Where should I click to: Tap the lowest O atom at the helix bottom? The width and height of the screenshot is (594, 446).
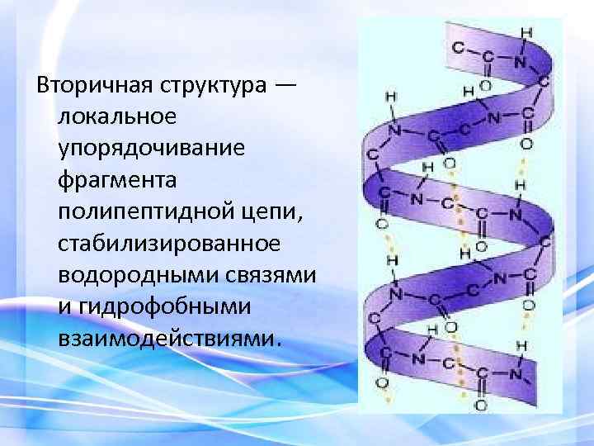pyautogui.click(x=480, y=405)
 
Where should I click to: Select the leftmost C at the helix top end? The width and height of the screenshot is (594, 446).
pyautogui.click(x=458, y=48)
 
